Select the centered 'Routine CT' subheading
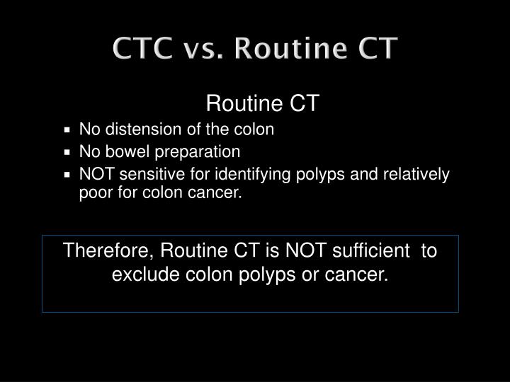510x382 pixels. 263,105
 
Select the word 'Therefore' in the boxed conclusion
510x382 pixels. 108,251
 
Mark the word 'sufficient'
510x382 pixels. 375,251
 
